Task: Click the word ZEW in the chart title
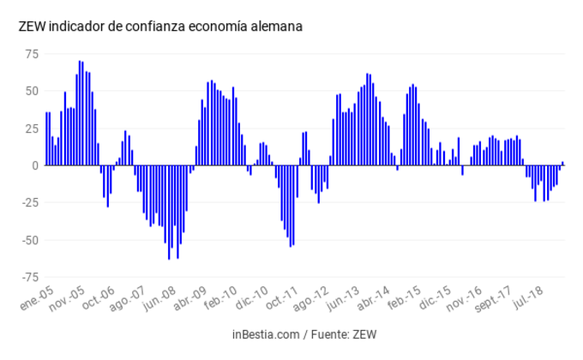(32, 27)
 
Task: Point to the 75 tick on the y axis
(32, 54)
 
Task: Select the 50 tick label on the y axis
(32, 91)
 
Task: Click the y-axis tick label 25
(32, 129)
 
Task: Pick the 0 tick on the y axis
(35, 165)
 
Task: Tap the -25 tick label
(30, 202)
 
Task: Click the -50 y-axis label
(30, 240)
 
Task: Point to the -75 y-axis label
(30, 277)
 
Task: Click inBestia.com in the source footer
(264, 333)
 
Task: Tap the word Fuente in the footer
(325, 333)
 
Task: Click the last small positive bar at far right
(562, 163)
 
